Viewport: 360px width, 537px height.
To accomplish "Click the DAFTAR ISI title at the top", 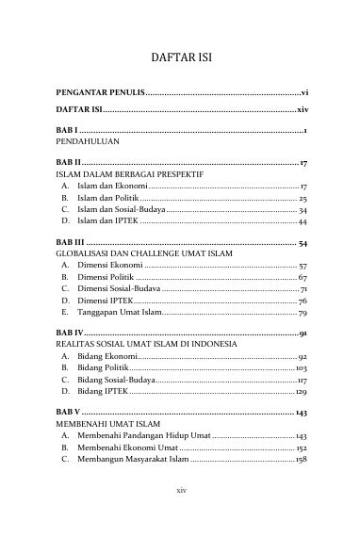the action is pos(179,57).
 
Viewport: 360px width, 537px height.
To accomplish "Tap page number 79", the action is pos(303,311).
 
